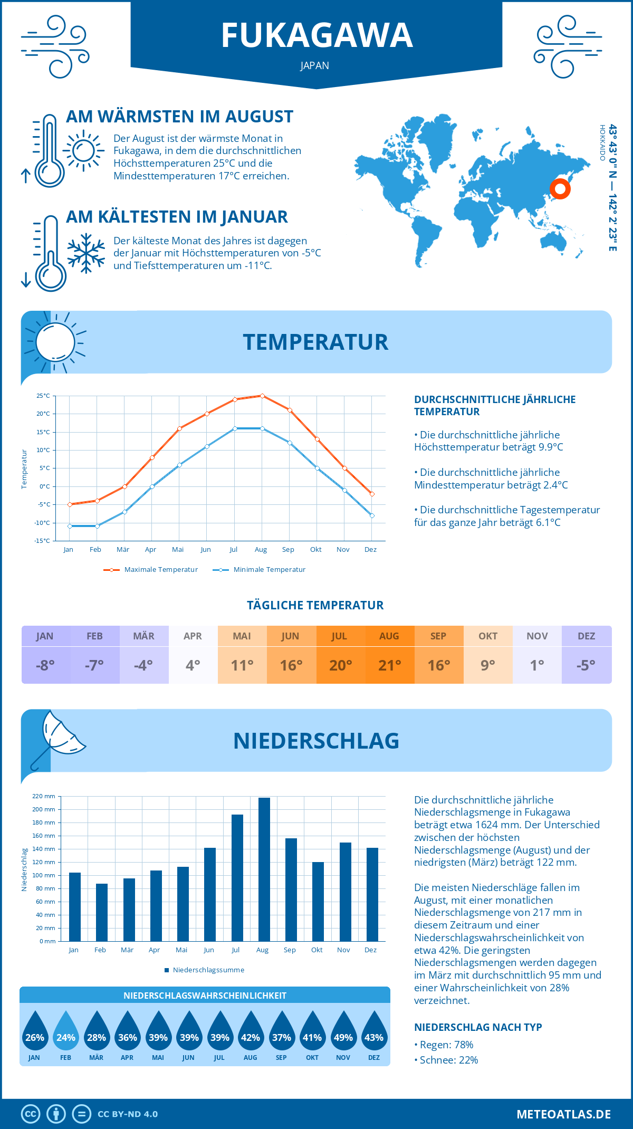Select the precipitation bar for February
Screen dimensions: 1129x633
click(102, 912)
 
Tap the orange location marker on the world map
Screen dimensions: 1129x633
click(560, 188)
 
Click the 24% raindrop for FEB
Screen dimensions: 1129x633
click(66, 1032)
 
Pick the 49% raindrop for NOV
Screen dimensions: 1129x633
click(343, 1032)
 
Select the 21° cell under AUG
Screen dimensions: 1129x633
click(390, 665)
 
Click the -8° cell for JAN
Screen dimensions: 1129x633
click(45, 665)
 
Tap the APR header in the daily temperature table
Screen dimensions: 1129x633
click(193, 636)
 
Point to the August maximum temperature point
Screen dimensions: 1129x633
click(262, 396)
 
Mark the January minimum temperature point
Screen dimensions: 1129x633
click(70, 526)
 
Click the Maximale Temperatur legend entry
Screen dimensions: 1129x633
click(151, 570)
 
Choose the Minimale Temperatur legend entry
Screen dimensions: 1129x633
click(260, 570)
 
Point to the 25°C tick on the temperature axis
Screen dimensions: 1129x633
click(43, 396)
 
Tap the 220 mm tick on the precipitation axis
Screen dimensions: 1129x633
click(44, 796)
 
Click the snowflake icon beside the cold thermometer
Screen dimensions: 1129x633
click(86, 253)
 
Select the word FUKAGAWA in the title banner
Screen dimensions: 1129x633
click(316, 35)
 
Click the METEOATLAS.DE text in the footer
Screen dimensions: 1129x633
click(563, 1114)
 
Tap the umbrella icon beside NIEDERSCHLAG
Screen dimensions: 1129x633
click(58, 739)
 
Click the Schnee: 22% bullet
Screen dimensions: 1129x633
click(446, 1060)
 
